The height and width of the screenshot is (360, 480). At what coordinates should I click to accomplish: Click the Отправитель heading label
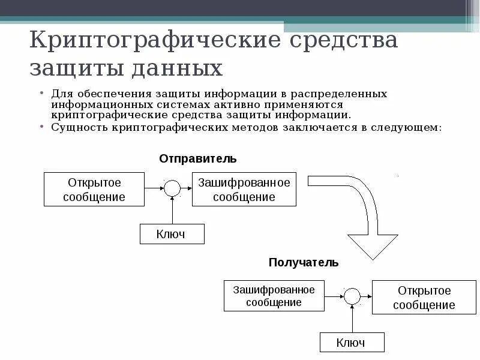198,158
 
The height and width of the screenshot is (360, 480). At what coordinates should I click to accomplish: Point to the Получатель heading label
304,262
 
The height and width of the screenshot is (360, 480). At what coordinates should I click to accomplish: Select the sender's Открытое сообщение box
94,189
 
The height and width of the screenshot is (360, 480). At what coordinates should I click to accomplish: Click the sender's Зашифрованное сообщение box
244,189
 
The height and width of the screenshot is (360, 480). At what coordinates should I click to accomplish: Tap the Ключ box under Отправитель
172,233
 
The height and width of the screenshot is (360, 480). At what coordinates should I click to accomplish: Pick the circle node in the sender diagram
172,188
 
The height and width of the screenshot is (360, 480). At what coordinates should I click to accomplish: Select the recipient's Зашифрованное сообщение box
274,296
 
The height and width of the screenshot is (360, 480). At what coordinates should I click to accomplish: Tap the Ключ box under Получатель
351,343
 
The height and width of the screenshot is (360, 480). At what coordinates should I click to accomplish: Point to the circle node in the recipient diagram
352,296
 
